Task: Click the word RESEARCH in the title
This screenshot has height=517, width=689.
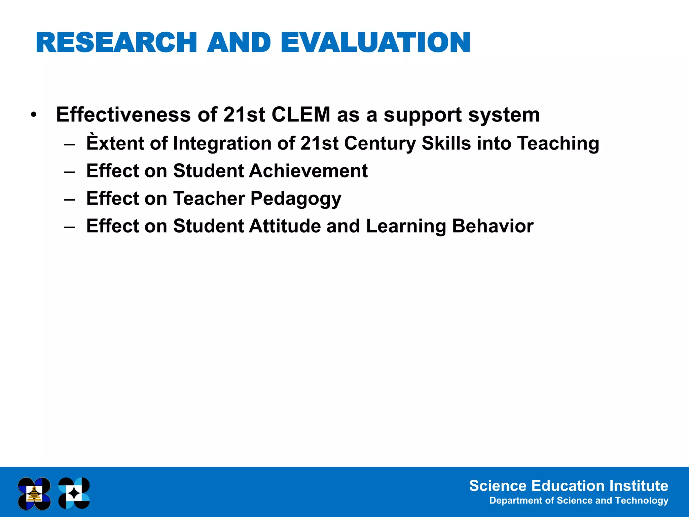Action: pyautogui.click(x=116, y=43)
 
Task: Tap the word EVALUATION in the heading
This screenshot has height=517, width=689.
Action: pyautogui.click(x=375, y=43)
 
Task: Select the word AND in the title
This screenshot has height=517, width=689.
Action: pyautogui.click(x=239, y=43)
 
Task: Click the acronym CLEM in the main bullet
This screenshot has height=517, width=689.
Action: pyautogui.click(x=301, y=115)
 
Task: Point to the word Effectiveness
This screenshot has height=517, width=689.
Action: pyautogui.click(x=123, y=115)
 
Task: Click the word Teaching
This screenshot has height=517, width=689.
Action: pyautogui.click(x=558, y=143)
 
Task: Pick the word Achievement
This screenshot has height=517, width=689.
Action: pyautogui.click(x=308, y=171)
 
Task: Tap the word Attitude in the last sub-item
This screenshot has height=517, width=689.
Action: pyautogui.click(x=285, y=226)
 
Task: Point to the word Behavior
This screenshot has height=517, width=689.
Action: pyautogui.click(x=493, y=226)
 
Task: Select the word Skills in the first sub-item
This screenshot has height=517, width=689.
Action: pyautogui.click(x=446, y=143)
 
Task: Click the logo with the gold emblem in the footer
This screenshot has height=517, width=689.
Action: pyautogui.click(x=34, y=493)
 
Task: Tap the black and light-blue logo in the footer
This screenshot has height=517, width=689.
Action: pyautogui.click(x=74, y=493)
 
